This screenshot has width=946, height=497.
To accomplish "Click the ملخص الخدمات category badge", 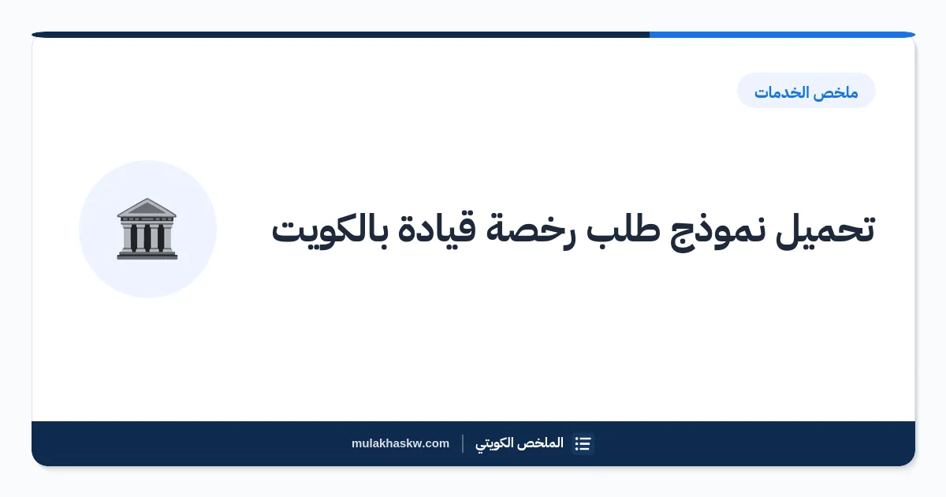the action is pos(806,91).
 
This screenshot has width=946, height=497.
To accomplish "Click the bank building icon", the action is pos(147,229).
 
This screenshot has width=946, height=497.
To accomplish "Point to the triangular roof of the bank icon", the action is pos(147,207).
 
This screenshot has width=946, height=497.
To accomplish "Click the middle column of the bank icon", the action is pos(147,237).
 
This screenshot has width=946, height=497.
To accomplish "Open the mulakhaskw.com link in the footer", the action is pos(400,443).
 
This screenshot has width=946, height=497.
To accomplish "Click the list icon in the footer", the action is pos(583,443).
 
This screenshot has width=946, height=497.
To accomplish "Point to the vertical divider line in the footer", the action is pos(463,443).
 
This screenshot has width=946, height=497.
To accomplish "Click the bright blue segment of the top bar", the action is pos(782,35).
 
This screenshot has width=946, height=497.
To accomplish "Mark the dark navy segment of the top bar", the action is pos(341,35).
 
